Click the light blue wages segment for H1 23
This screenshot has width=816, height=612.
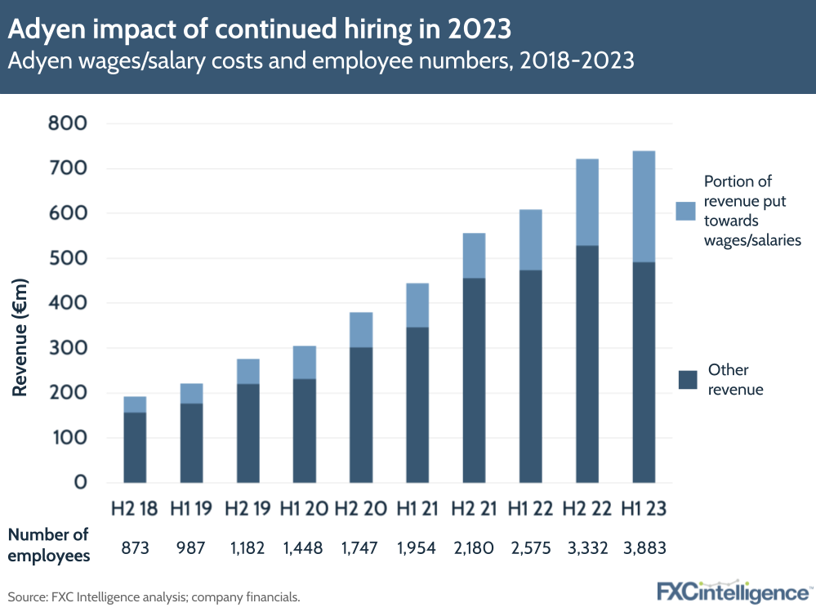644,206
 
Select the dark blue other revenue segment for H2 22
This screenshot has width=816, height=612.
587,364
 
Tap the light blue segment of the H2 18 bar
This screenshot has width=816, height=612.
135,404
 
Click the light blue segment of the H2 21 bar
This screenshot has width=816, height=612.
474,256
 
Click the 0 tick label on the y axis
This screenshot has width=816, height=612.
80,482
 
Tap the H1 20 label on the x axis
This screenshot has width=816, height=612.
304,508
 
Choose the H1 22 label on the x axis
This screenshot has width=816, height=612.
530,508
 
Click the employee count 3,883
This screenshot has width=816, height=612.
644,547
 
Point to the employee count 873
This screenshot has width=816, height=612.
135,547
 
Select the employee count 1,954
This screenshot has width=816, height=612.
417,547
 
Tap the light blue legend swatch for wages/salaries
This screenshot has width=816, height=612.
685,211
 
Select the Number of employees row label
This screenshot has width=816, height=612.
48,545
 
